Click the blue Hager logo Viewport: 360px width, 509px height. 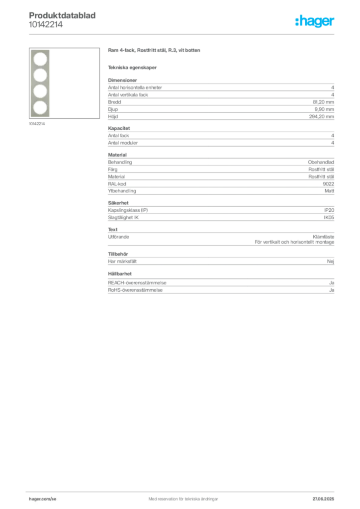[x=315, y=21]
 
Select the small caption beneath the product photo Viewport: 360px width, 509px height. [x=38, y=124]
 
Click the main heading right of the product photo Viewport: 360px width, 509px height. [x=155, y=51]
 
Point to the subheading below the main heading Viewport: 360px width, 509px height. [x=133, y=67]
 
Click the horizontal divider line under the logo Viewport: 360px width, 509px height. [x=183, y=34]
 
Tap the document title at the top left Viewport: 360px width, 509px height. [x=64, y=15]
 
